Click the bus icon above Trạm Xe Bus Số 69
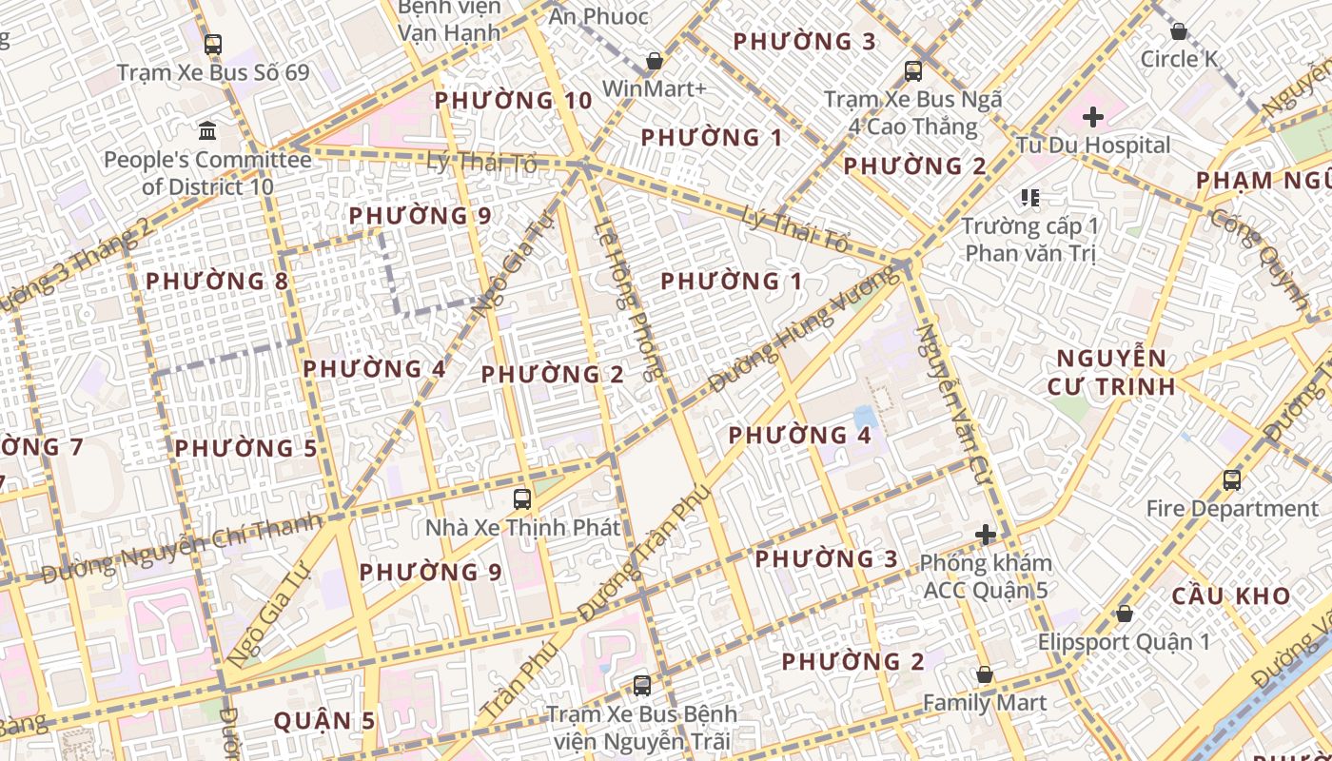tap(213, 45)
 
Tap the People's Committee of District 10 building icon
tap(207, 129)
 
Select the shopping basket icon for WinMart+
tap(655, 62)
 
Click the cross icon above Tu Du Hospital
tap(1093, 117)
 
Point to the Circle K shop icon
tap(1179, 31)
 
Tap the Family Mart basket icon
tap(985, 674)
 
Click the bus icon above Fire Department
tap(1232, 480)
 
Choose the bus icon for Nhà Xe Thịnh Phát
tap(522, 498)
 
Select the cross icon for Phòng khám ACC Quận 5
tap(986, 534)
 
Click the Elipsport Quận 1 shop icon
tap(1125, 614)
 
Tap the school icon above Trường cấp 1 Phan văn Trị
tap(1029, 198)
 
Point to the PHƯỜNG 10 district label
tap(513, 101)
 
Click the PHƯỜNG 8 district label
tap(217, 282)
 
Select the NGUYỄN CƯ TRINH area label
tap(1111, 373)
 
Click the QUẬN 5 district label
tap(324, 721)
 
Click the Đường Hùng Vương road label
tap(804, 329)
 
